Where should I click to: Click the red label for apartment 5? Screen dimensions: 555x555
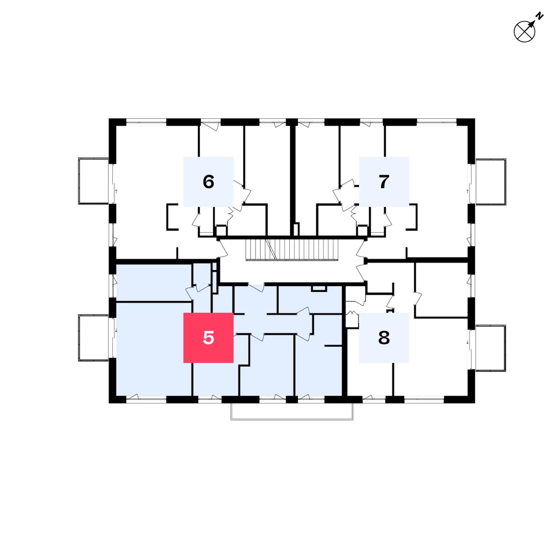point(208,337)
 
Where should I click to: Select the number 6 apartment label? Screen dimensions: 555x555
point(208,181)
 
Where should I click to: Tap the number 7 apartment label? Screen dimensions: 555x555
point(384,181)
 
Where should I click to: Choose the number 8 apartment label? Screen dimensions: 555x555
point(384,337)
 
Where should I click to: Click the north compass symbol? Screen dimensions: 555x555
point(524,32)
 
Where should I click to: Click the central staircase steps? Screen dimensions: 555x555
point(292,250)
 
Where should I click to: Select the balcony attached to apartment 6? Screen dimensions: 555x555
point(94,181)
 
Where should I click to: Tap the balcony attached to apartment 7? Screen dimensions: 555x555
point(491,181)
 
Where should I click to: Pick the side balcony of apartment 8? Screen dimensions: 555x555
point(490,348)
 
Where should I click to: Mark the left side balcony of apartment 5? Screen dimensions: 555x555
point(94,338)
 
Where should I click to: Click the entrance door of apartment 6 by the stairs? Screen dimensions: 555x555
point(223,249)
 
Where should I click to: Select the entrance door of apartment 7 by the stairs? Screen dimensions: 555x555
point(361,249)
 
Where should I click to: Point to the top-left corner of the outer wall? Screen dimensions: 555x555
point(109,119)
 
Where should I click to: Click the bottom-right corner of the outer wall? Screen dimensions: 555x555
point(475,403)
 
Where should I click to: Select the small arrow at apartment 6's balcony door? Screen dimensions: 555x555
point(116,191)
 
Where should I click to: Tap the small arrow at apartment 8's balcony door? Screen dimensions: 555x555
point(467,342)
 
